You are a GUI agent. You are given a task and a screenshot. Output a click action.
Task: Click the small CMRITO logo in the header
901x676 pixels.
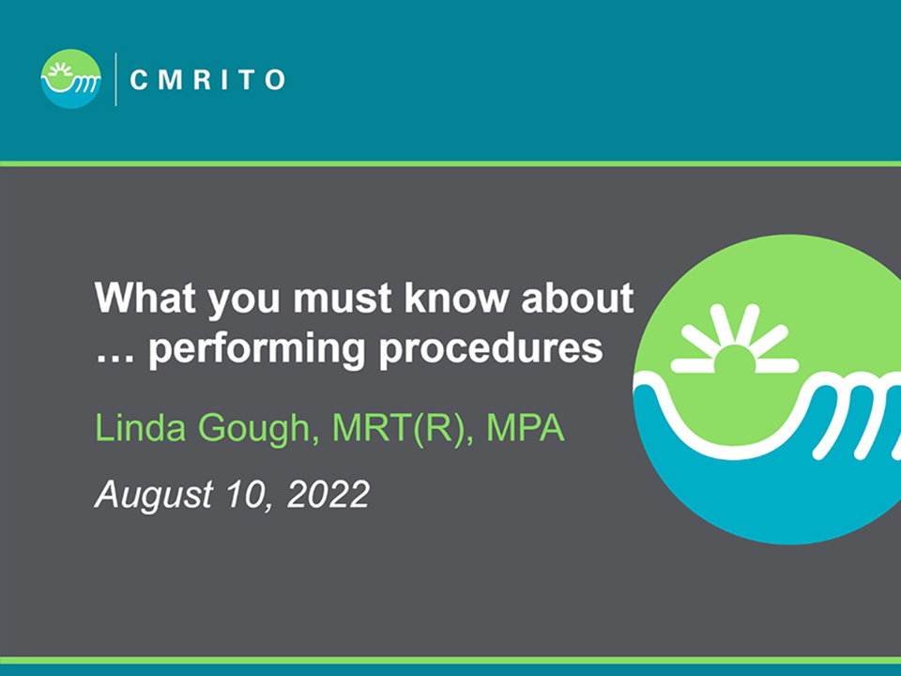71,79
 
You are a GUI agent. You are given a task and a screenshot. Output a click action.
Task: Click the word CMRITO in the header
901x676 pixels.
207,80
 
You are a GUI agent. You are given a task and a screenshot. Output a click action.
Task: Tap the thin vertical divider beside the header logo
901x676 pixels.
116,79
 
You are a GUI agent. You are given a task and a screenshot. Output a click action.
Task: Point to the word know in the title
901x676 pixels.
457,298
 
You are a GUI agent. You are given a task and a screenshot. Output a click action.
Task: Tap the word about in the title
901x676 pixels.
577,298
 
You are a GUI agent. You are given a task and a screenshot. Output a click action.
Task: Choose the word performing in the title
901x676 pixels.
257,349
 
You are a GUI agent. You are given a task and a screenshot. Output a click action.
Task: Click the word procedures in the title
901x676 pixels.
491,347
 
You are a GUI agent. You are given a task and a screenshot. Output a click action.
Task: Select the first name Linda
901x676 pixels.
140,428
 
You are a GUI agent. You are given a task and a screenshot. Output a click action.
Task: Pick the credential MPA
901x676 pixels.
526,428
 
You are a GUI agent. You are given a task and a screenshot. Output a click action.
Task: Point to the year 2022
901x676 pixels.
328,495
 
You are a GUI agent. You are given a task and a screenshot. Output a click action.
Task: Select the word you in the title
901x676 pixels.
244,301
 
